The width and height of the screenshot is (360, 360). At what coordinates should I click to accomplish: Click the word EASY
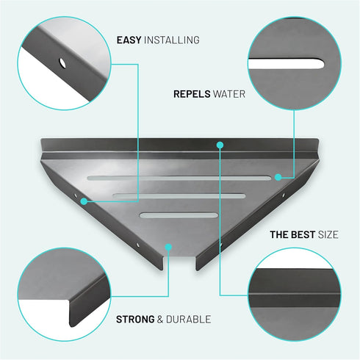(129, 40)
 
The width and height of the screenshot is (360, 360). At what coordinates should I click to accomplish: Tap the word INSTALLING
(172, 40)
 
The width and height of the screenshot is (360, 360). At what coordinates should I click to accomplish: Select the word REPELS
(192, 94)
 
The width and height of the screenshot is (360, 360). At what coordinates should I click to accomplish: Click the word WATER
(229, 94)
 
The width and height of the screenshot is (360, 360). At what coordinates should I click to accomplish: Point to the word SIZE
(328, 234)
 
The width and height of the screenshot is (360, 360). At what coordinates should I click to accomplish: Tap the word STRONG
(135, 320)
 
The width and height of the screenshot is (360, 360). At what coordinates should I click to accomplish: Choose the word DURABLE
(189, 320)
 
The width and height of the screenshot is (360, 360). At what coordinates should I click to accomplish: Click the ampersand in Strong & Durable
(160, 320)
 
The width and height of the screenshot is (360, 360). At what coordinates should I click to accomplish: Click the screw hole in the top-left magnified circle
(62, 63)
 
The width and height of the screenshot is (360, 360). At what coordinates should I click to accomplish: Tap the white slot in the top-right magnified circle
(286, 64)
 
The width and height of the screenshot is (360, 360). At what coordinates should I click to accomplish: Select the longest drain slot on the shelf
(179, 178)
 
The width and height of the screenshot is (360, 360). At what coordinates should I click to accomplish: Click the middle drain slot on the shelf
(179, 195)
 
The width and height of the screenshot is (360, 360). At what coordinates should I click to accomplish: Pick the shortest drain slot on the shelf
(179, 215)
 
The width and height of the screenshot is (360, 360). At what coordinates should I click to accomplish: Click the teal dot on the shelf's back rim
(220, 145)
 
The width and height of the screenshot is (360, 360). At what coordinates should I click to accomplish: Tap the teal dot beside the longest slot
(278, 177)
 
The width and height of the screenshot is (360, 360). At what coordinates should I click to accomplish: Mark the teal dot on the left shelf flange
(84, 201)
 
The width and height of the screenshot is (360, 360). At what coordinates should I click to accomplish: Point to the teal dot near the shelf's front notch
(168, 247)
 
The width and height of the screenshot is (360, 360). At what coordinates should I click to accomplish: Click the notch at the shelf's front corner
(179, 262)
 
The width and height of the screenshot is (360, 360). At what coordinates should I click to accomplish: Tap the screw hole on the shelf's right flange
(284, 195)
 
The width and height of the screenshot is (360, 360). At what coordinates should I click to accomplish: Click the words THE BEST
(292, 234)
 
